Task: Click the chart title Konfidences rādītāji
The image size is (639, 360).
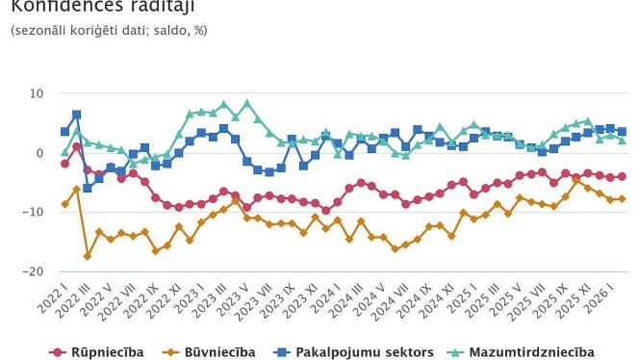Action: [x=101, y=7]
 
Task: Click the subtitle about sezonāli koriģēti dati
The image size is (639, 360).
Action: [x=108, y=31]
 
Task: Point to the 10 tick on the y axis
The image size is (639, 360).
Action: [x=38, y=93]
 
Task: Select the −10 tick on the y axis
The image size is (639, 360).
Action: [x=35, y=212]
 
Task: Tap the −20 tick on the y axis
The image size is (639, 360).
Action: [x=35, y=271]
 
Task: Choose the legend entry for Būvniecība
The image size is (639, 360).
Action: [x=218, y=352]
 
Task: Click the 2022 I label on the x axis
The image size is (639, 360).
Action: [x=54, y=293]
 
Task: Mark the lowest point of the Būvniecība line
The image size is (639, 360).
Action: [x=88, y=256]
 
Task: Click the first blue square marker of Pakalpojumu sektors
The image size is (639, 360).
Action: [x=64, y=132]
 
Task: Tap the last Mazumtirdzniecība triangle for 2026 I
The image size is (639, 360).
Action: [x=622, y=141]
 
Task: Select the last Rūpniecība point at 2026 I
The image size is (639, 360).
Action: [x=622, y=176]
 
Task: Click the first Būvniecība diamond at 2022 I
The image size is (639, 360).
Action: [x=64, y=204]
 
